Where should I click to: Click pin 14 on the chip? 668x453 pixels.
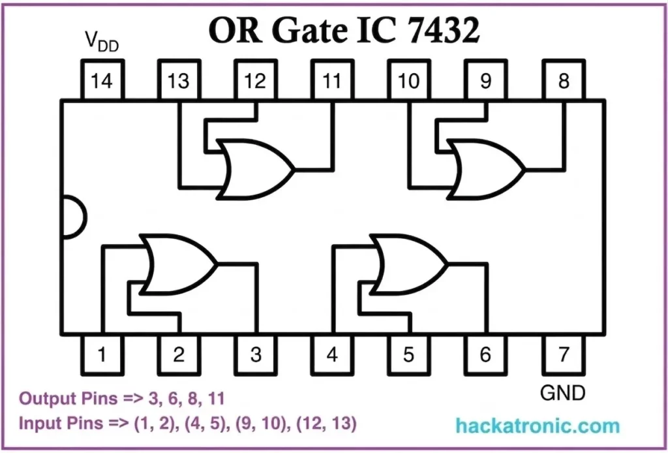pos(101,81)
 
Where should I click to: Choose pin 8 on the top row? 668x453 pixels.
pos(563,81)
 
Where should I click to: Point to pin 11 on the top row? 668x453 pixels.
pos(332,81)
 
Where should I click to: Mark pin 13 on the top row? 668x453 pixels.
pos(178,81)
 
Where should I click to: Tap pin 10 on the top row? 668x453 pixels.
pos(409,81)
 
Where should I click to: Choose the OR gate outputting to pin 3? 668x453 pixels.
pos(179,264)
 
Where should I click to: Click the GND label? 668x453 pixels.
pos(563,394)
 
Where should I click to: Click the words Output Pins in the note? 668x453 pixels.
pos(61,398)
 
